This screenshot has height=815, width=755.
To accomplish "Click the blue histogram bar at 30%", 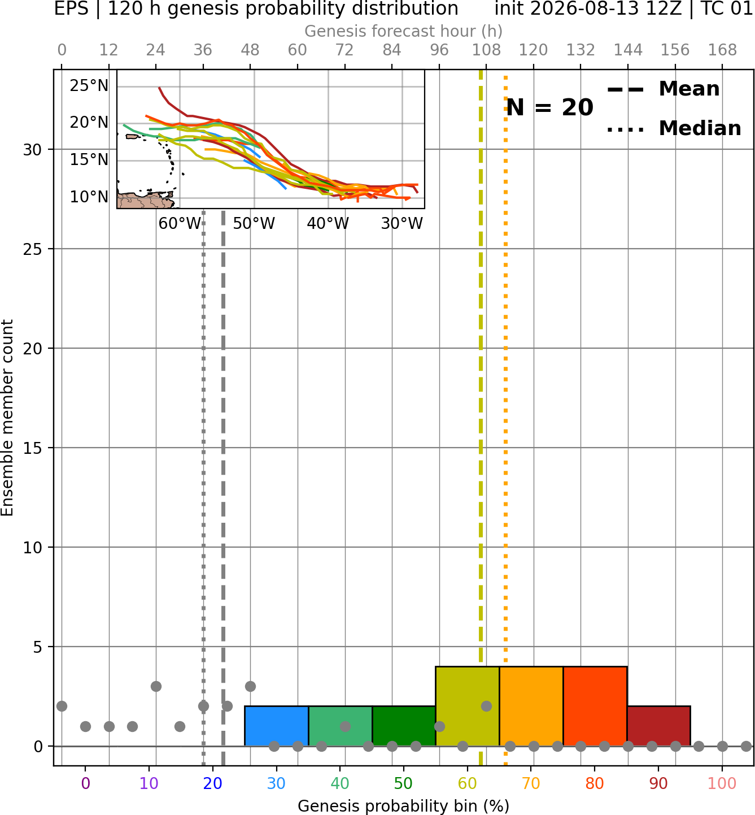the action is pyautogui.click(x=276, y=726).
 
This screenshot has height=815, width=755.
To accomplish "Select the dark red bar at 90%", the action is pyautogui.click(x=658, y=726).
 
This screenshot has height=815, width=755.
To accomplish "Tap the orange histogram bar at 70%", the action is pyautogui.click(x=531, y=706).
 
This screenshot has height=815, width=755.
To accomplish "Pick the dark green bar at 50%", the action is pyautogui.click(x=404, y=726).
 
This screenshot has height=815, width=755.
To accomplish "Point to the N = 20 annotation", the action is pyautogui.click(x=549, y=107).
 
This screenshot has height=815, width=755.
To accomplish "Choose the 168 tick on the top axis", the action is pyautogui.click(x=722, y=50).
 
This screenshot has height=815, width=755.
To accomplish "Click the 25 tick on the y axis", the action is pyautogui.click(x=32, y=249).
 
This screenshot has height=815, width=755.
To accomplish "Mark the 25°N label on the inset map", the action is pyautogui.click(x=89, y=86).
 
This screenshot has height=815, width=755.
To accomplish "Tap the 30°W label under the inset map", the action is pyautogui.click(x=402, y=224).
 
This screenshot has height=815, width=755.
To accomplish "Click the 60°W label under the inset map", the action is pyautogui.click(x=180, y=224).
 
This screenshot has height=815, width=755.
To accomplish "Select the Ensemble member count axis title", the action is pyautogui.click(x=7, y=418).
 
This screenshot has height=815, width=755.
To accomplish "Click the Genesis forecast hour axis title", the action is pyautogui.click(x=404, y=31).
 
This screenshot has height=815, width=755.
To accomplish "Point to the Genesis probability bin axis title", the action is pyautogui.click(x=404, y=806).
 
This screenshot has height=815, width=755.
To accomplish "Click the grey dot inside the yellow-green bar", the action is pyautogui.click(x=486, y=706).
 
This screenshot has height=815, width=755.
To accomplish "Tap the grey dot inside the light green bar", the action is pyautogui.click(x=345, y=726).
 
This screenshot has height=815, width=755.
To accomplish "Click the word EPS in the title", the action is pyautogui.click(x=71, y=8).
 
